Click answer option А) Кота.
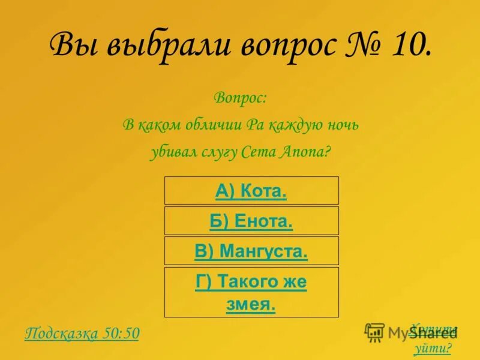click(x=251, y=191)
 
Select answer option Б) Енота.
click(x=251, y=221)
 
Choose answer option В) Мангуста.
click(x=251, y=251)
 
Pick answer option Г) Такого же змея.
click(x=251, y=292)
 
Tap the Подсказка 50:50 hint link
click(x=82, y=334)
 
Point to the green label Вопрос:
click(x=240, y=97)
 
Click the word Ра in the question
click(x=254, y=125)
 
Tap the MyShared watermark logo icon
click(x=374, y=332)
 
